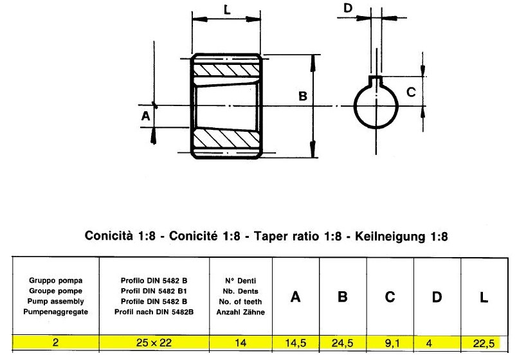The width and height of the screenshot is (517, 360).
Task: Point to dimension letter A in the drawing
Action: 145,116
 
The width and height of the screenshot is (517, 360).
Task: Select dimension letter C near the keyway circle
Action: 411,93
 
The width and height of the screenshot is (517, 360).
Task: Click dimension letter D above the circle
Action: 349,8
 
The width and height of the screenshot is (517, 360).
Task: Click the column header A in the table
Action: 296,296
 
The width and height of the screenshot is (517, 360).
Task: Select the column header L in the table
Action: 484,296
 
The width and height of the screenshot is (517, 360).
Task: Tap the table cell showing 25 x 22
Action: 154,343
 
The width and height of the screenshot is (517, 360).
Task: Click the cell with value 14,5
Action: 296,343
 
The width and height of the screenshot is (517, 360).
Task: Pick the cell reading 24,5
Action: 343,343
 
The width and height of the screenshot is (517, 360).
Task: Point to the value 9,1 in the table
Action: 390,343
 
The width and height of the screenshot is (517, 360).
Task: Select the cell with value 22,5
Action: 484,343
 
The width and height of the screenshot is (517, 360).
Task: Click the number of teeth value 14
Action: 240,343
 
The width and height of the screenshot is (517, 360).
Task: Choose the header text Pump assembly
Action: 56,301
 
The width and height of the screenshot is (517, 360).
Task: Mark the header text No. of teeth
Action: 240,301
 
